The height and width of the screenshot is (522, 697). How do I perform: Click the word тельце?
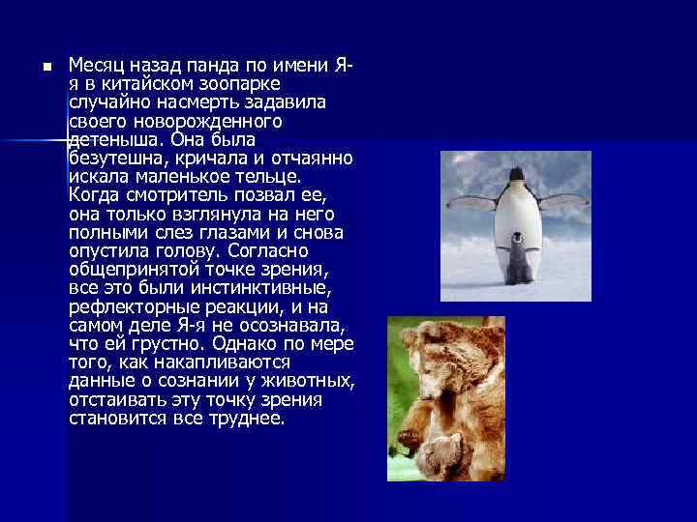pos(270,177)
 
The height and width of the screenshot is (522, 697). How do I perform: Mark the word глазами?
pos(231,233)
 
